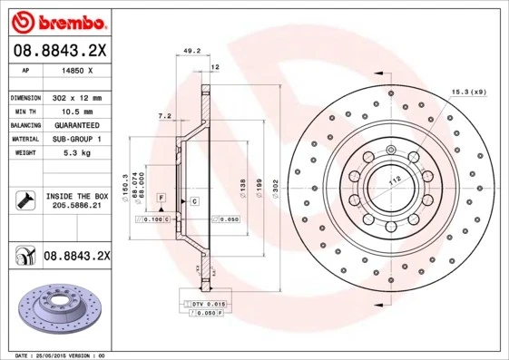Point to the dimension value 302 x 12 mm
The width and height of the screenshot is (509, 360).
[77, 97]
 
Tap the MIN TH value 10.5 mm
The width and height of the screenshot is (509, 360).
[77, 111]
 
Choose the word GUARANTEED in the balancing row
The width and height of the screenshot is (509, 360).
[77, 125]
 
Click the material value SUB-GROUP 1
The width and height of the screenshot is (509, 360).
[77, 140]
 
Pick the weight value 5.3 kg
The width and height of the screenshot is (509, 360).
[77, 154]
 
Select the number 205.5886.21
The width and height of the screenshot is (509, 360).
[77, 206]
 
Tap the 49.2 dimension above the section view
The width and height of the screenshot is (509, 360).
[191, 52]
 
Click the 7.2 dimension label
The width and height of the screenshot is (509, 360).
[164, 116]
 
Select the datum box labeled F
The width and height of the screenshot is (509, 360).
[162, 197]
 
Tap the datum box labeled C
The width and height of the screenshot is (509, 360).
[194, 200]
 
